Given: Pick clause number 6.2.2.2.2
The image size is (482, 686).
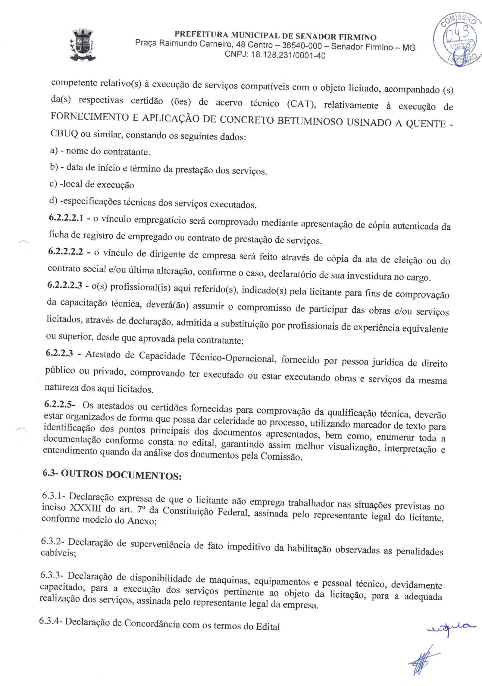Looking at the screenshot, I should click(65, 252).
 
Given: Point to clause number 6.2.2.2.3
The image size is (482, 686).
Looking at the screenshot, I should click(65, 285).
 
